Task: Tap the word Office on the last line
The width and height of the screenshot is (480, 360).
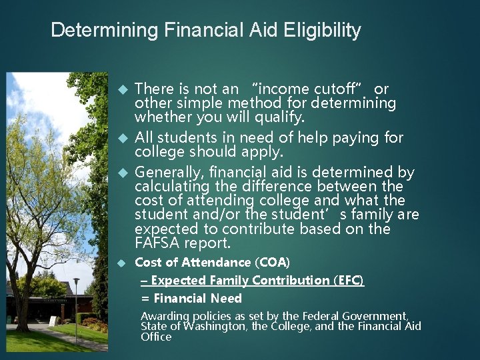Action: click(x=155, y=337)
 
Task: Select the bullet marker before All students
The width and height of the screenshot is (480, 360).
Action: click(x=121, y=138)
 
